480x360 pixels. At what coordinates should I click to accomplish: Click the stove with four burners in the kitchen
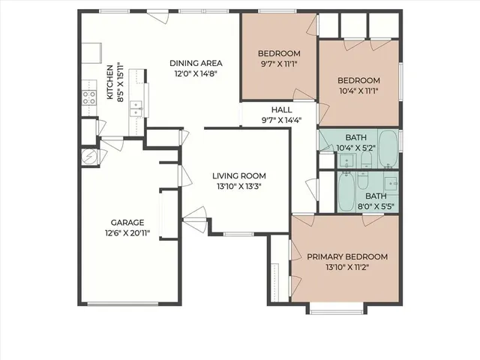[x=89, y=96]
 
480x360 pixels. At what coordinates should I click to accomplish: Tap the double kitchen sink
[x=136, y=108]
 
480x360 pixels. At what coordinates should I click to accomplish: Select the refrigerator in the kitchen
[x=91, y=53]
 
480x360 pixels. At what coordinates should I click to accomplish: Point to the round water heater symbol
[x=88, y=156]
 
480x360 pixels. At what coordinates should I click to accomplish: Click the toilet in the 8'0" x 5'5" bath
[x=362, y=181]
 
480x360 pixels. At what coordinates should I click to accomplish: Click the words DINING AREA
[x=193, y=63]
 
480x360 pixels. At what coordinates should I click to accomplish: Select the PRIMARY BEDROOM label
[x=347, y=256]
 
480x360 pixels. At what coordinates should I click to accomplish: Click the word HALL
[x=271, y=109]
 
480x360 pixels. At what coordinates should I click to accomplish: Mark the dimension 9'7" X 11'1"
[x=279, y=64]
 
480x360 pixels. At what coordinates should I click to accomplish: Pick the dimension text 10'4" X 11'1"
[x=358, y=91]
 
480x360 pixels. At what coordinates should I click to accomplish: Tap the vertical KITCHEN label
[x=109, y=82]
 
